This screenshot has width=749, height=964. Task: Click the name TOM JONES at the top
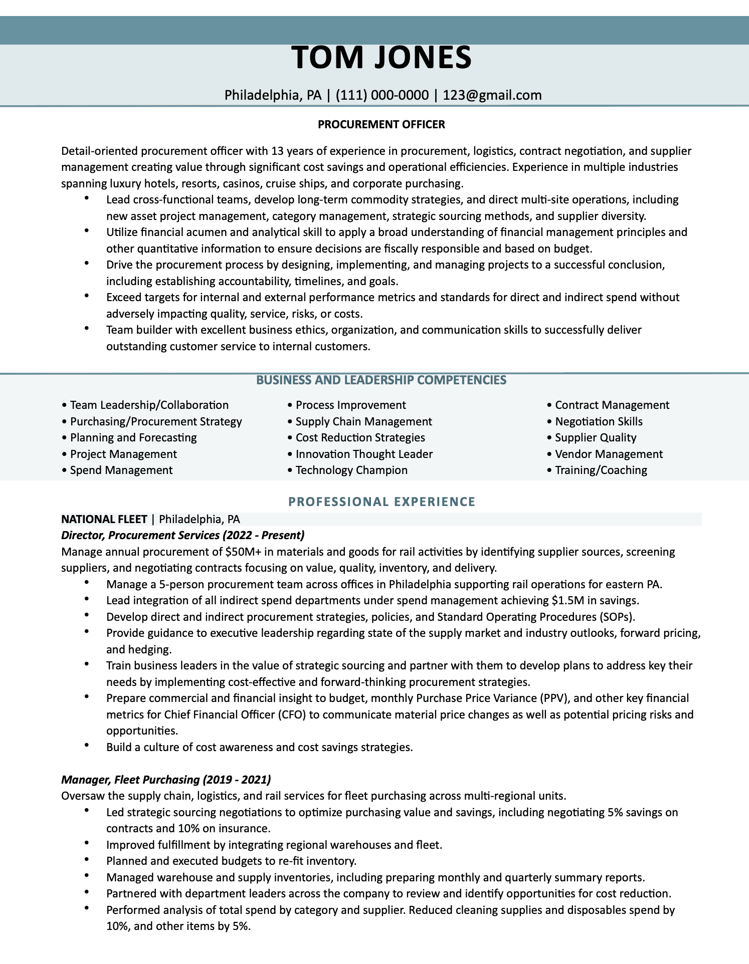(x=381, y=57)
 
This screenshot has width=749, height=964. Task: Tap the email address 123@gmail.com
(x=492, y=95)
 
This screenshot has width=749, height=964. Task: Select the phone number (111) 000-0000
(x=382, y=95)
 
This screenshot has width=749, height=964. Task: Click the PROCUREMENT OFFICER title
(x=381, y=124)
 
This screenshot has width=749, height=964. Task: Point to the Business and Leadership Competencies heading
(x=381, y=380)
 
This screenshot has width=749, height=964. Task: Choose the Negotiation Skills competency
(x=599, y=422)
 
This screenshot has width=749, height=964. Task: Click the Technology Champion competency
(x=351, y=470)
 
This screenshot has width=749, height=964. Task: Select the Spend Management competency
(x=121, y=470)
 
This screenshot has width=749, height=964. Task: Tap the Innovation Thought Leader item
(x=363, y=454)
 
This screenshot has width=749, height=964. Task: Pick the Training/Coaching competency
(x=601, y=470)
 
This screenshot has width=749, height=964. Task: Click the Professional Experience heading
(x=382, y=502)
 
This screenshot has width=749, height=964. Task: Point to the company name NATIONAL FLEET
(x=104, y=519)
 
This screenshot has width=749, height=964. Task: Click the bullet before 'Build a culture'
(x=87, y=746)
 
